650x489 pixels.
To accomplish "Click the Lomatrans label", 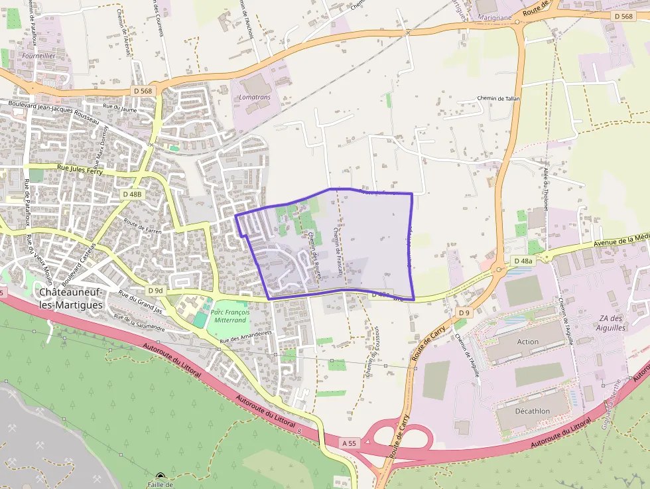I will pos(255,97).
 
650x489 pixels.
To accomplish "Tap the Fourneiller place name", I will pos(38,56).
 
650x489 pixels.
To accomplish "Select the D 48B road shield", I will pos(132,194).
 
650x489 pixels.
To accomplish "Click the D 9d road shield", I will pos(155,291).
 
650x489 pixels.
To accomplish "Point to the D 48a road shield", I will pos(523,261).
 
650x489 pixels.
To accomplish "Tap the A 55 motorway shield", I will pos(350,443).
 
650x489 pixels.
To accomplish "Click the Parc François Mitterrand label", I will pos(230,316).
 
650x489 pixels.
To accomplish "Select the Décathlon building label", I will pos(533,411).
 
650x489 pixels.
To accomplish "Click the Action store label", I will pos(528,342).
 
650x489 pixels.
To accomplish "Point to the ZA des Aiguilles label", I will pos(611,323).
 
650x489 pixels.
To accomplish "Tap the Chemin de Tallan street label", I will pos(499,98).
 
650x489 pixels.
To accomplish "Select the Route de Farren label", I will pos(143,227).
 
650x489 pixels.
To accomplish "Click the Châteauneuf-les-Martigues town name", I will pos(71,298).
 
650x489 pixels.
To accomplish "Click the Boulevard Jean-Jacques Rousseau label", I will pos(54,109).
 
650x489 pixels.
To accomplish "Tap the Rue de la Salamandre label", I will pos(139,322).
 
